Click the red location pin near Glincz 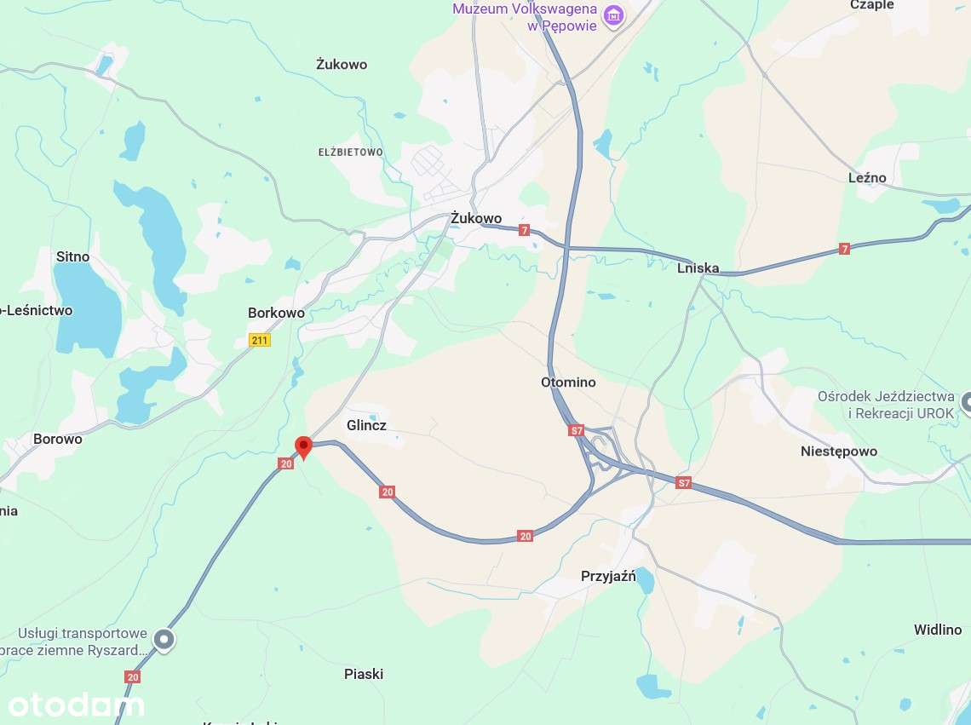tap(303, 446)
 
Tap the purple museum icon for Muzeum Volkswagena tap(612, 15)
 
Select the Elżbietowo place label tap(350, 152)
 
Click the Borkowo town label tap(276, 313)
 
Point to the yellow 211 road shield tap(260, 340)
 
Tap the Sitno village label tap(72, 256)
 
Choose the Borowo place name tap(57, 440)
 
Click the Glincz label tap(366, 424)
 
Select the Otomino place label tap(568, 382)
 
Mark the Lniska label tap(698, 268)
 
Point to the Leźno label tap(867, 178)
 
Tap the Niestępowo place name tap(838, 452)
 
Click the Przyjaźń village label tap(608, 576)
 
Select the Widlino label tap(937, 630)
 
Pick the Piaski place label tap(364, 674)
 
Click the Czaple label tap(872, 5)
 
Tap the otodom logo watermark tap(76, 705)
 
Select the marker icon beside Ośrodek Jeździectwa tap(966, 401)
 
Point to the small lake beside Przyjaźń tap(645, 580)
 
